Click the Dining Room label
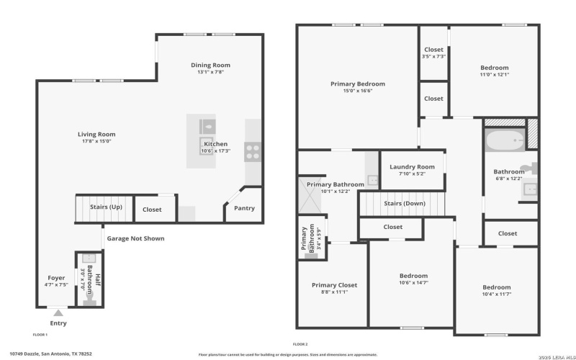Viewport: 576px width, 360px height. pyautogui.click(x=210, y=65)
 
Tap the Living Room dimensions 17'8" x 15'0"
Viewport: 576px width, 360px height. pyautogui.click(x=96, y=141)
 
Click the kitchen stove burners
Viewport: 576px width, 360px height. pyautogui.click(x=253, y=150)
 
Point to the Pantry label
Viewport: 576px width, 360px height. pyautogui.click(x=244, y=209)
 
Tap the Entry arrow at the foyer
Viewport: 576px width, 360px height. pyautogui.click(x=58, y=312)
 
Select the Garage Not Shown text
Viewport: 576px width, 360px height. pyautogui.click(x=135, y=238)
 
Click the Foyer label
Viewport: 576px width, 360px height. pyautogui.click(x=56, y=278)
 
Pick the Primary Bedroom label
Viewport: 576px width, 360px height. pyautogui.click(x=357, y=84)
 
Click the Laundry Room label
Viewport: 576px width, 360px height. pyautogui.click(x=412, y=167)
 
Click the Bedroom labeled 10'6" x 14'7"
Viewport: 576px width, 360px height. pyautogui.click(x=413, y=276)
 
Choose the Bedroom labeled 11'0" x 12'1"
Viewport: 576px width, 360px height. pyautogui.click(x=494, y=68)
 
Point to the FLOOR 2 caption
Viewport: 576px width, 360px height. pyautogui.click(x=300, y=344)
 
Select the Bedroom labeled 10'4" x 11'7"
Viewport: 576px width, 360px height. pyautogui.click(x=496, y=287)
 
